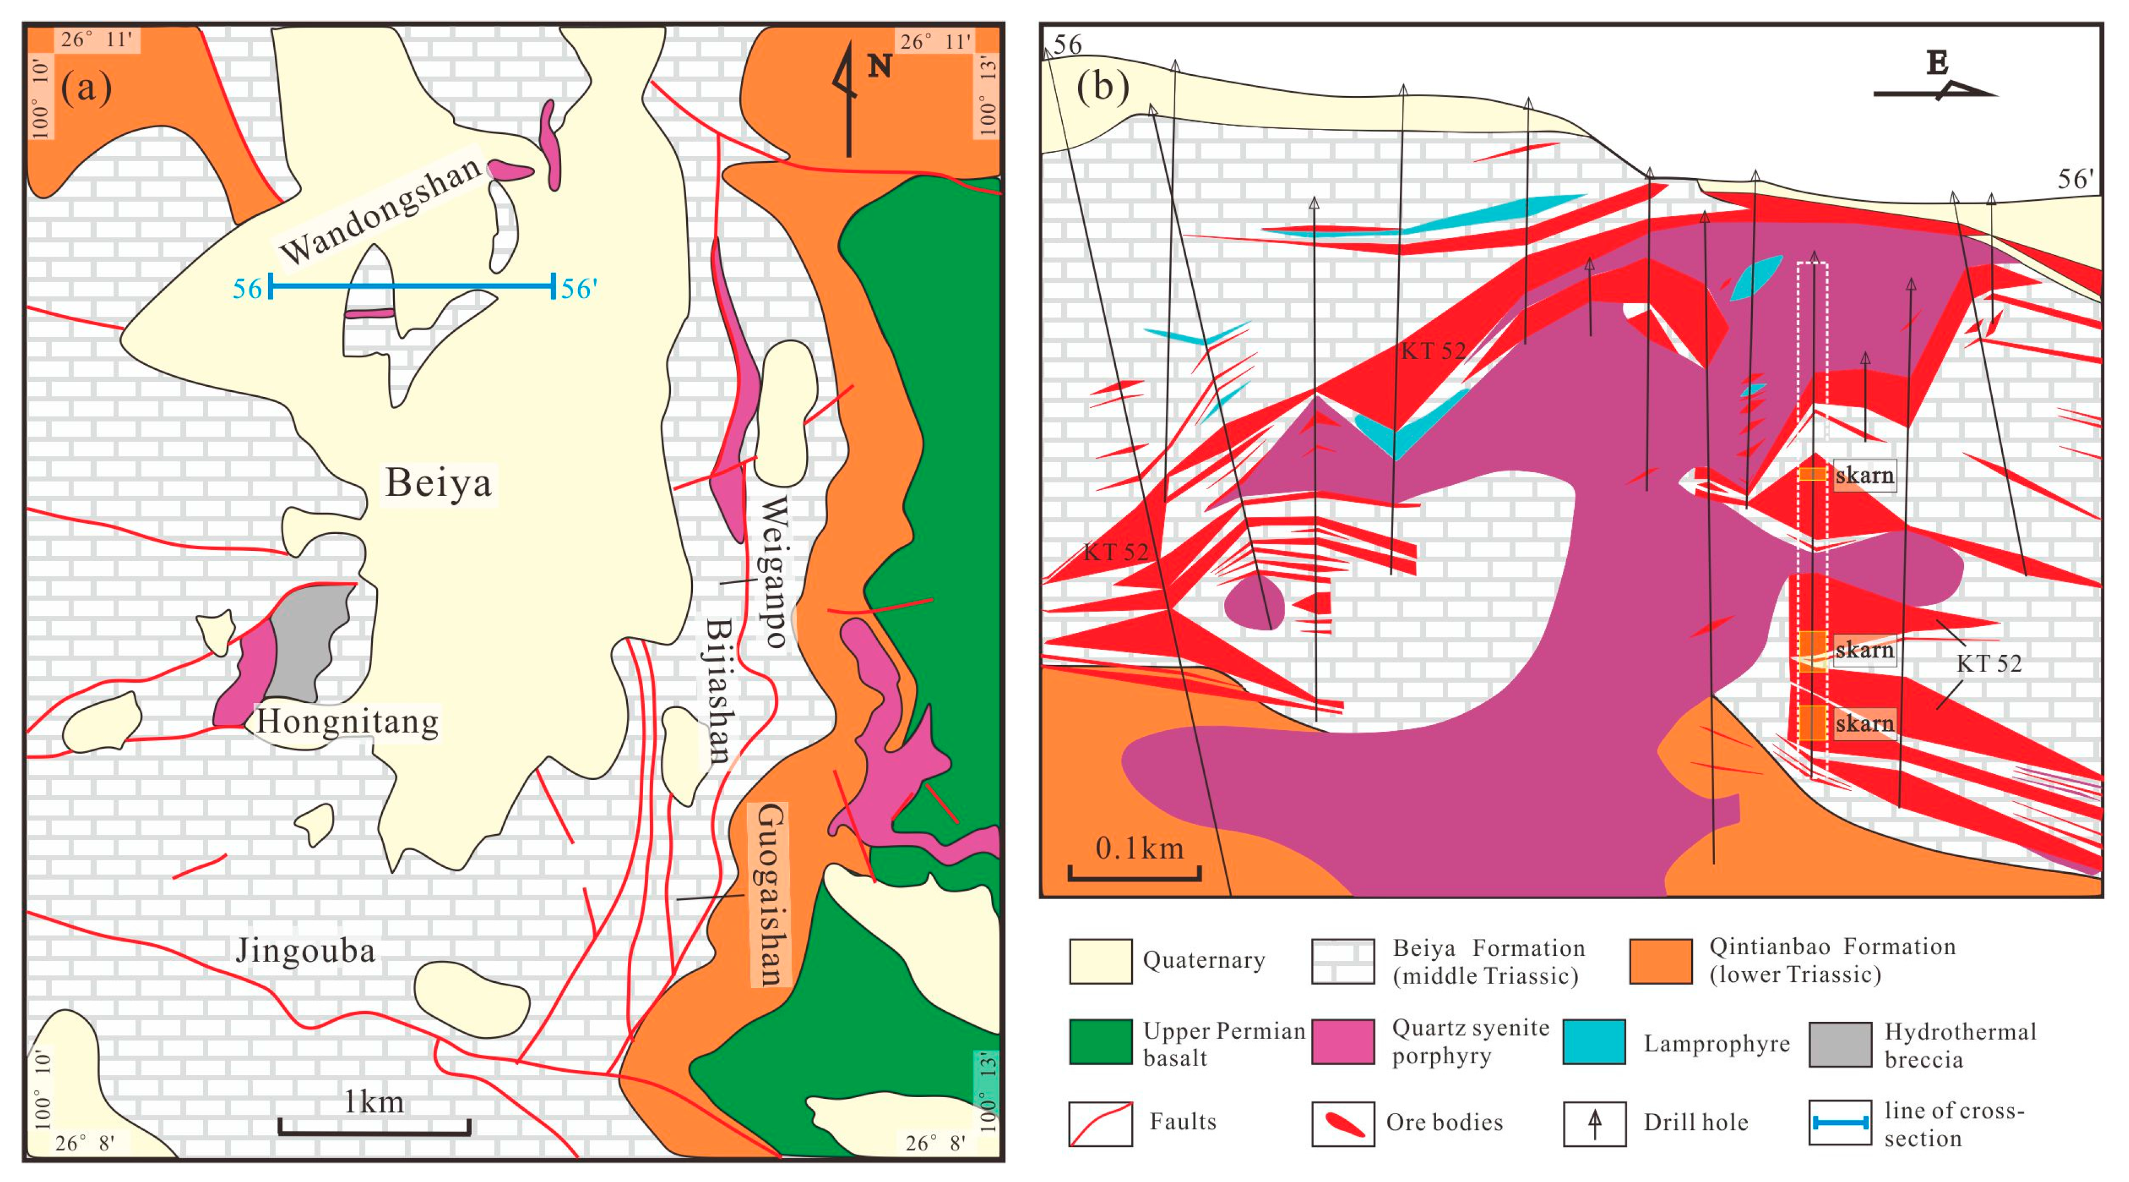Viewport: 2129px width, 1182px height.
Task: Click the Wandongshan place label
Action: tap(380, 210)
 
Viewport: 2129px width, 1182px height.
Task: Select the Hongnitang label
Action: tap(347, 722)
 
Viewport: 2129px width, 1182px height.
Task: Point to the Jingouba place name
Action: tap(306, 951)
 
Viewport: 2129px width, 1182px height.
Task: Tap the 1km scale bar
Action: tap(374, 1126)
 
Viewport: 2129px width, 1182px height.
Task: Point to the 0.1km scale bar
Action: tap(1134, 872)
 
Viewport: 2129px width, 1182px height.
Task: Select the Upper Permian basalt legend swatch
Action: tap(1100, 1042)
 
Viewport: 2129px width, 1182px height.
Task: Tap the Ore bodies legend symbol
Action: tap(1343, 1123)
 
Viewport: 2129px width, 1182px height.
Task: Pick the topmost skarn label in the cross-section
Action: tap(1864, 475)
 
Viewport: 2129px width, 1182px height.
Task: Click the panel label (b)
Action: tap(1102, 85)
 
